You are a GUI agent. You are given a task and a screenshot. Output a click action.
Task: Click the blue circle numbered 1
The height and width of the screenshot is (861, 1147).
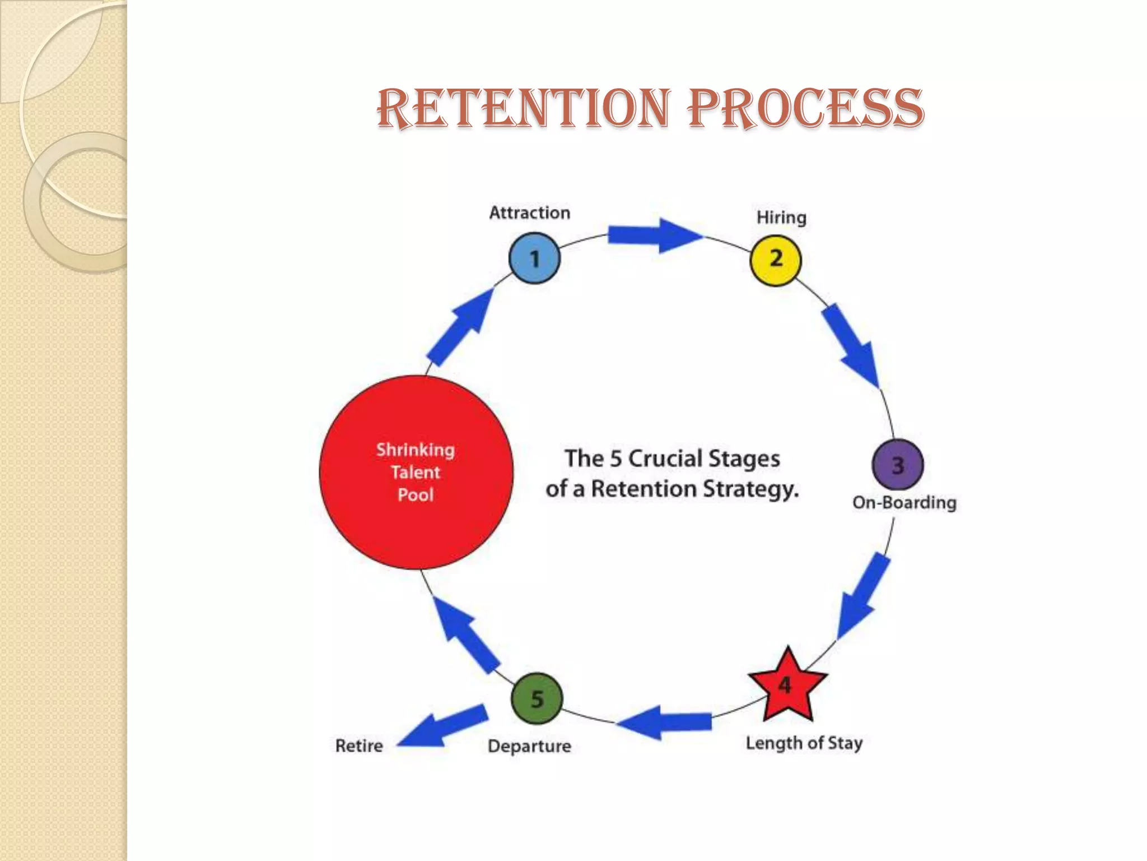point(534,258)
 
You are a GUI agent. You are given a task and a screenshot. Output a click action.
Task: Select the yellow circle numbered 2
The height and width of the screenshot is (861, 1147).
point(776,260)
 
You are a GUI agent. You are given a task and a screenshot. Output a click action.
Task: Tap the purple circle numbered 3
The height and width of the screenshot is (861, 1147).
point(898,465)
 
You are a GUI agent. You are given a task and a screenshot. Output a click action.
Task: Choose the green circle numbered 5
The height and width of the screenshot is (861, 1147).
point(537,698)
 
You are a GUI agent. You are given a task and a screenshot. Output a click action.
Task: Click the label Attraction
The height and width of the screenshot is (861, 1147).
point(529,213)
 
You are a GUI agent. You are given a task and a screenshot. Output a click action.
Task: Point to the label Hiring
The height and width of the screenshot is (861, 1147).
point(781,217)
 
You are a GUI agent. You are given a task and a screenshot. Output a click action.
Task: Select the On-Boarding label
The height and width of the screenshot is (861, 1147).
point(904,502)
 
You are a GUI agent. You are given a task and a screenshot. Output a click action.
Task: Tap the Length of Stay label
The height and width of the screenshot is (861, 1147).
point(804,743)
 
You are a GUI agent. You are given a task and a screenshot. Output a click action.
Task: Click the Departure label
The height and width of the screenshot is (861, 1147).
point(529,746)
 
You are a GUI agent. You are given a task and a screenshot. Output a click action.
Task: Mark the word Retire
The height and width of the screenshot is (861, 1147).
point(359,746)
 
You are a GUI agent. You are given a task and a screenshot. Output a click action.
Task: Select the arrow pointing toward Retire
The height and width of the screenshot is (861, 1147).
point(442,728)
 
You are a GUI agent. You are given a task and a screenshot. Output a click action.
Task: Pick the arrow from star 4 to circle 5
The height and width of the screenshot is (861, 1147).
point(664,722)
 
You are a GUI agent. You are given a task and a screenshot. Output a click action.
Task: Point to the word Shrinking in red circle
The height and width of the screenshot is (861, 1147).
point(415,450)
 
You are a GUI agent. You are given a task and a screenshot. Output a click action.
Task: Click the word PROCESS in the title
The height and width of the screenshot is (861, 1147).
point(805,108)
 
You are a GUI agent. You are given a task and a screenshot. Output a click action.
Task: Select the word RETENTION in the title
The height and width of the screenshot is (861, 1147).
point(524,108)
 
